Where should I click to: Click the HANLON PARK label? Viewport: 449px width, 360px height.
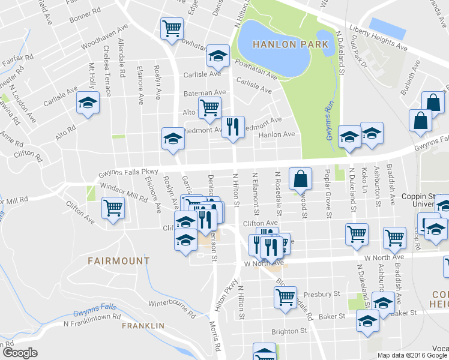tap(291, 44)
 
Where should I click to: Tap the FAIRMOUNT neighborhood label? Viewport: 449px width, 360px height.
tap(118, 261)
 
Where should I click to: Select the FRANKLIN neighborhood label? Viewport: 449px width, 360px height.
tap(143, 325)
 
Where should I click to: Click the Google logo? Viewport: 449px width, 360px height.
tap(20, 353)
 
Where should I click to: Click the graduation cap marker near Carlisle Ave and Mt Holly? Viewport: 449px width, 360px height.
tap(88, 103)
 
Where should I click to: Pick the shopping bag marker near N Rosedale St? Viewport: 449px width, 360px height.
tap(300, 178)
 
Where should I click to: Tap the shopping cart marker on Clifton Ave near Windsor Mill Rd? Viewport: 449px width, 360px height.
tap(113, 208)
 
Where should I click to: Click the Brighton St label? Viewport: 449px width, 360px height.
tap(289, 331)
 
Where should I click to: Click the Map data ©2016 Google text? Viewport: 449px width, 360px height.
tap(412, 355)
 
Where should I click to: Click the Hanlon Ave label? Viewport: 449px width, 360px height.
tap(277, 134)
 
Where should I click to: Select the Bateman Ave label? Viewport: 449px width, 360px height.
tap(205, 93)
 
